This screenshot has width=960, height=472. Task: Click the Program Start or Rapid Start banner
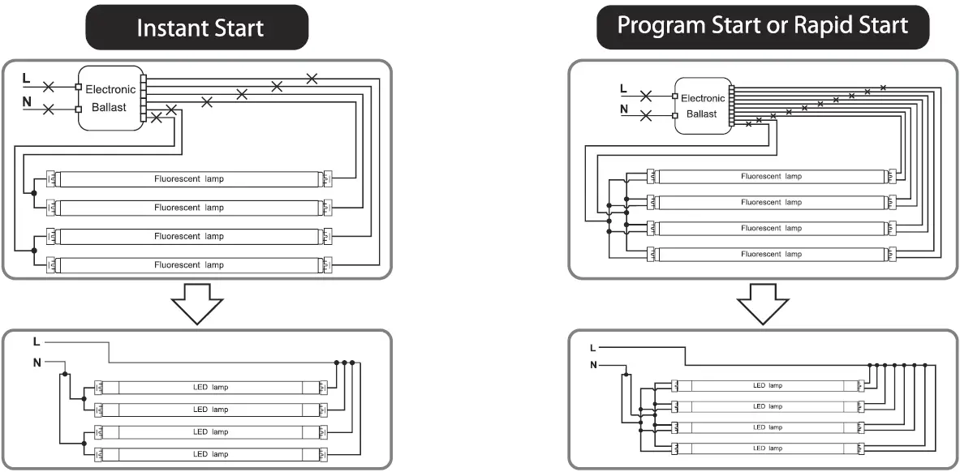click(762, 25)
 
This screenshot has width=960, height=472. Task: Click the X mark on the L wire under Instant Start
click(49, 85)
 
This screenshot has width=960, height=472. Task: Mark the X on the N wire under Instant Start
click(49, 109)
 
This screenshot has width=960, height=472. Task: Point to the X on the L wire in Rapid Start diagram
click(646, 96)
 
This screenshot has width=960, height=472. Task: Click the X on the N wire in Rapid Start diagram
click(646, 116)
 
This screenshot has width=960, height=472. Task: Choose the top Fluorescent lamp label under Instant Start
click(189, 178)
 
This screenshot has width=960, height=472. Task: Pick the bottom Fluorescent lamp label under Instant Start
click(189, 265)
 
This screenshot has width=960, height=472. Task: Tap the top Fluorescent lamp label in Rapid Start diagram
click(771, 176)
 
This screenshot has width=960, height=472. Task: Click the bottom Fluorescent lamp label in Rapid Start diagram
click(771, 254)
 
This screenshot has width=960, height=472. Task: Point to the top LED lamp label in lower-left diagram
click(211, 388)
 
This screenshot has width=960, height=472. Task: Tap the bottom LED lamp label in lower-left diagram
click(211, 454)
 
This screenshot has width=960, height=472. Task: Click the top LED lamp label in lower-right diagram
click(768, 385)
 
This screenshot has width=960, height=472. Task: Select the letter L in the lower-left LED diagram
click(37, 341)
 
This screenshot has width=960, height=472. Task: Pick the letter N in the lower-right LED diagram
click(593, 365)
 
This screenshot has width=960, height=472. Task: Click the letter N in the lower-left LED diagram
click(37, 362)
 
